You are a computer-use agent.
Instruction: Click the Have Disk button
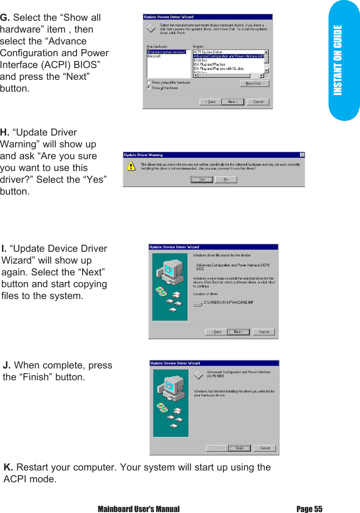tap(254, 84)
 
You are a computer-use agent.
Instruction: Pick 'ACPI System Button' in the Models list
tap(208, 52)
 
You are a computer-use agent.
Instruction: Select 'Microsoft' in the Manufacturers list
tap(154, 56)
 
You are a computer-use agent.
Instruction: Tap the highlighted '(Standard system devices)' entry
tap(166, 52)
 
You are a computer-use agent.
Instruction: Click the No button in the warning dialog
tap(226, 180)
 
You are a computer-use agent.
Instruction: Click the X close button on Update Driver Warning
tap(302, 155)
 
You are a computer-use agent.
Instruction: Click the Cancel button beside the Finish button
tap(265, 448)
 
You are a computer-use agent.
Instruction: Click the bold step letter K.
tap(8, 468)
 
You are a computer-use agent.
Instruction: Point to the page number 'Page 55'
tap(309, 509)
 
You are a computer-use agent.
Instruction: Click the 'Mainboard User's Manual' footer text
tap(138, 509)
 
